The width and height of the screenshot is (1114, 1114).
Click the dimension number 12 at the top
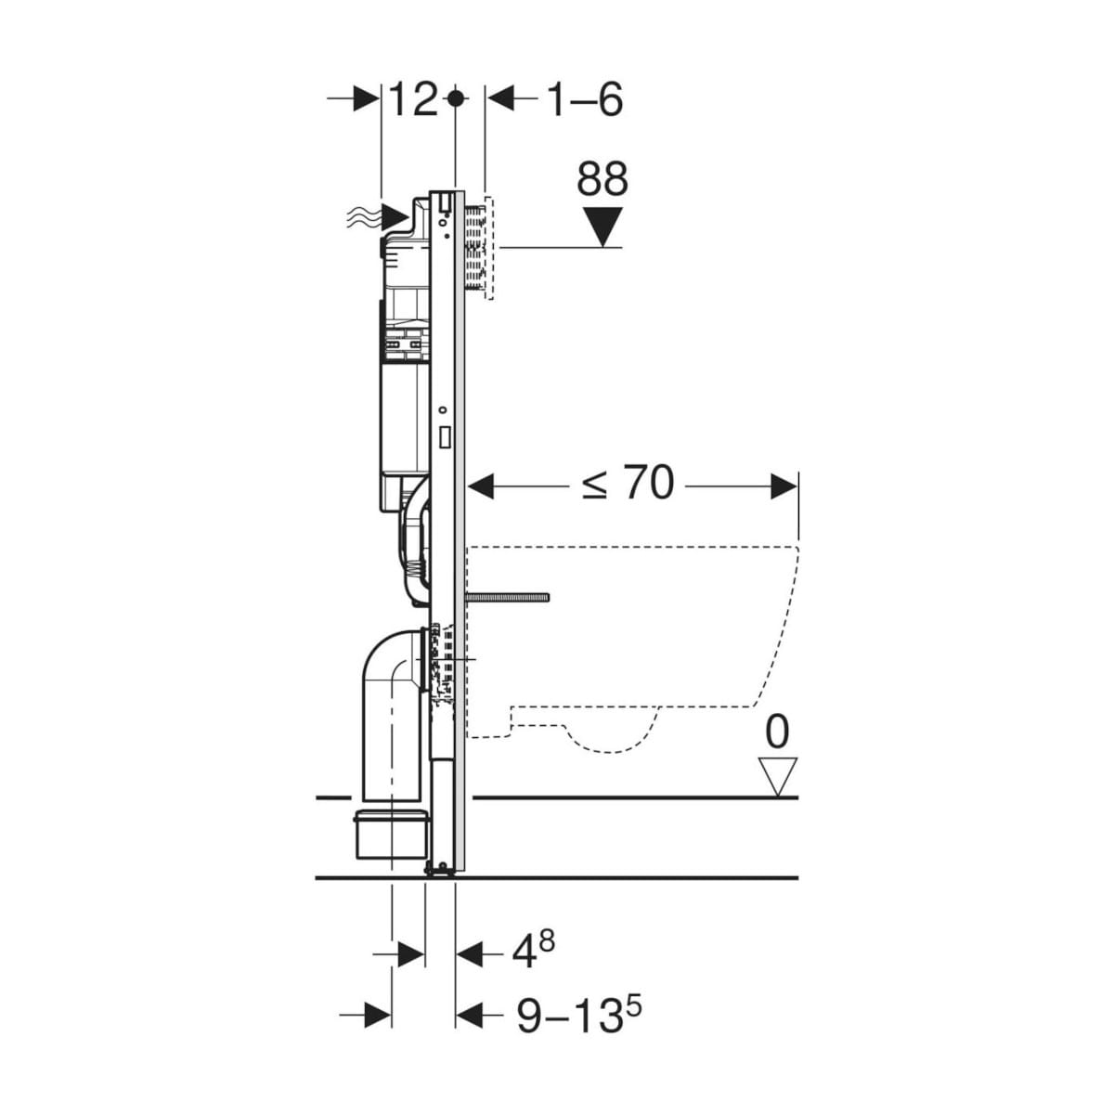pos(413,98)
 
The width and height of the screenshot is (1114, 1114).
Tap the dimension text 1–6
pos(585,98)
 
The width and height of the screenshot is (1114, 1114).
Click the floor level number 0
pos(777,732)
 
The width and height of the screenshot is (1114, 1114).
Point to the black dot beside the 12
pos(456,98)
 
